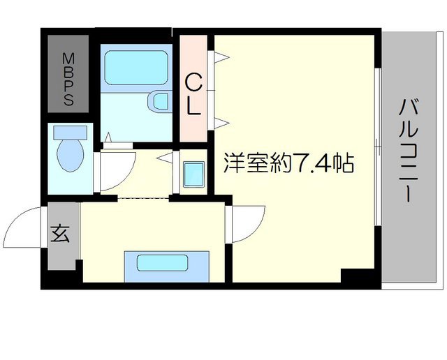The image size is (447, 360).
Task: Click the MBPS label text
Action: click(68, 79)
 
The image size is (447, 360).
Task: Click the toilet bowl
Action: click(71, 154)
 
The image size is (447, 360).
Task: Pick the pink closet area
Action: click(194, 84)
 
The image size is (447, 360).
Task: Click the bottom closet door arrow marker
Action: click(219, 123)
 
